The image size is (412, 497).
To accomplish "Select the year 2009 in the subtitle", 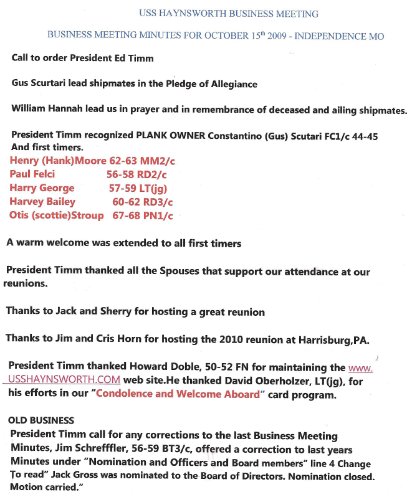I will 274,36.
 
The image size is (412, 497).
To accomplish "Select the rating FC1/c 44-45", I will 362,135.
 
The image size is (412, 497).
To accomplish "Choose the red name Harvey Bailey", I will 42,202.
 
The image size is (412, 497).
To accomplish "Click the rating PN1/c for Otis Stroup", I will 158,215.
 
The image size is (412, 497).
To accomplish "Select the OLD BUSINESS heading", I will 41,420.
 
